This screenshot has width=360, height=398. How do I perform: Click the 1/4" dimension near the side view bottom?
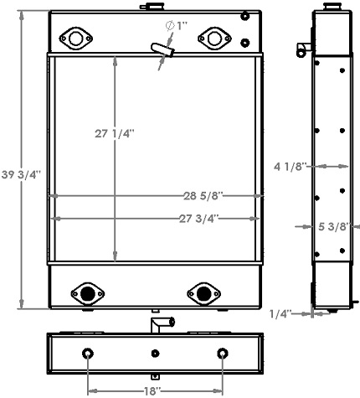coord(281,314)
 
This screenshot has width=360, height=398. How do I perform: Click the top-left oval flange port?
coord(77,38)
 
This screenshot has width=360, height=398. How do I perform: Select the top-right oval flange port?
coord(214,38)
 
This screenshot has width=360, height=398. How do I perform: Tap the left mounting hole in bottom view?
coord(89,353)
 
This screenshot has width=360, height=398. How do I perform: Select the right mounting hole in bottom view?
coord(223,353)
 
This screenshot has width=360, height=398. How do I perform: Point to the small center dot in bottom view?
coord(156,353)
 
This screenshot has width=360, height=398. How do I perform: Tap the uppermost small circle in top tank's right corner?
coord(244,16)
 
